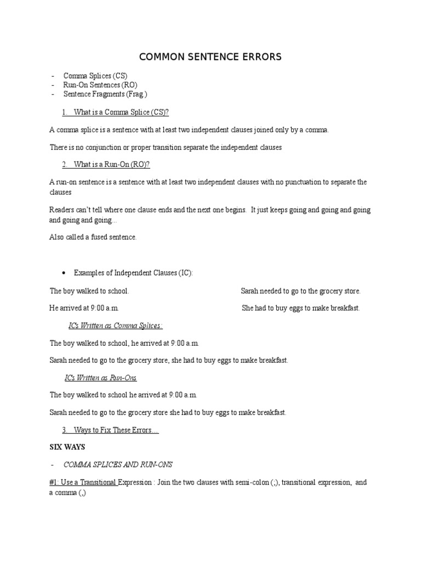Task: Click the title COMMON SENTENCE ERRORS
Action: pos(210,57)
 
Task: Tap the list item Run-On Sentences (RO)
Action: pos(100,85)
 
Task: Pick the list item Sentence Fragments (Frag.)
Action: pos(105,94)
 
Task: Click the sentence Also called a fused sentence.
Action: pos(93,237)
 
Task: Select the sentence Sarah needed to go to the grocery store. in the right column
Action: pos(300,291)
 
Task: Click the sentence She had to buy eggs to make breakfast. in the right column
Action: pos(301,308)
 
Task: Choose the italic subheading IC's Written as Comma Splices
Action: pos(115,326)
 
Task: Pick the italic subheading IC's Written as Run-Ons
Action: pos(101,378)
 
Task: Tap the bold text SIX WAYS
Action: pos(67,447)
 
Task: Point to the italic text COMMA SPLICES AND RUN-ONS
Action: pos(118,465)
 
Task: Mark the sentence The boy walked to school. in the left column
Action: pos(89,291)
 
